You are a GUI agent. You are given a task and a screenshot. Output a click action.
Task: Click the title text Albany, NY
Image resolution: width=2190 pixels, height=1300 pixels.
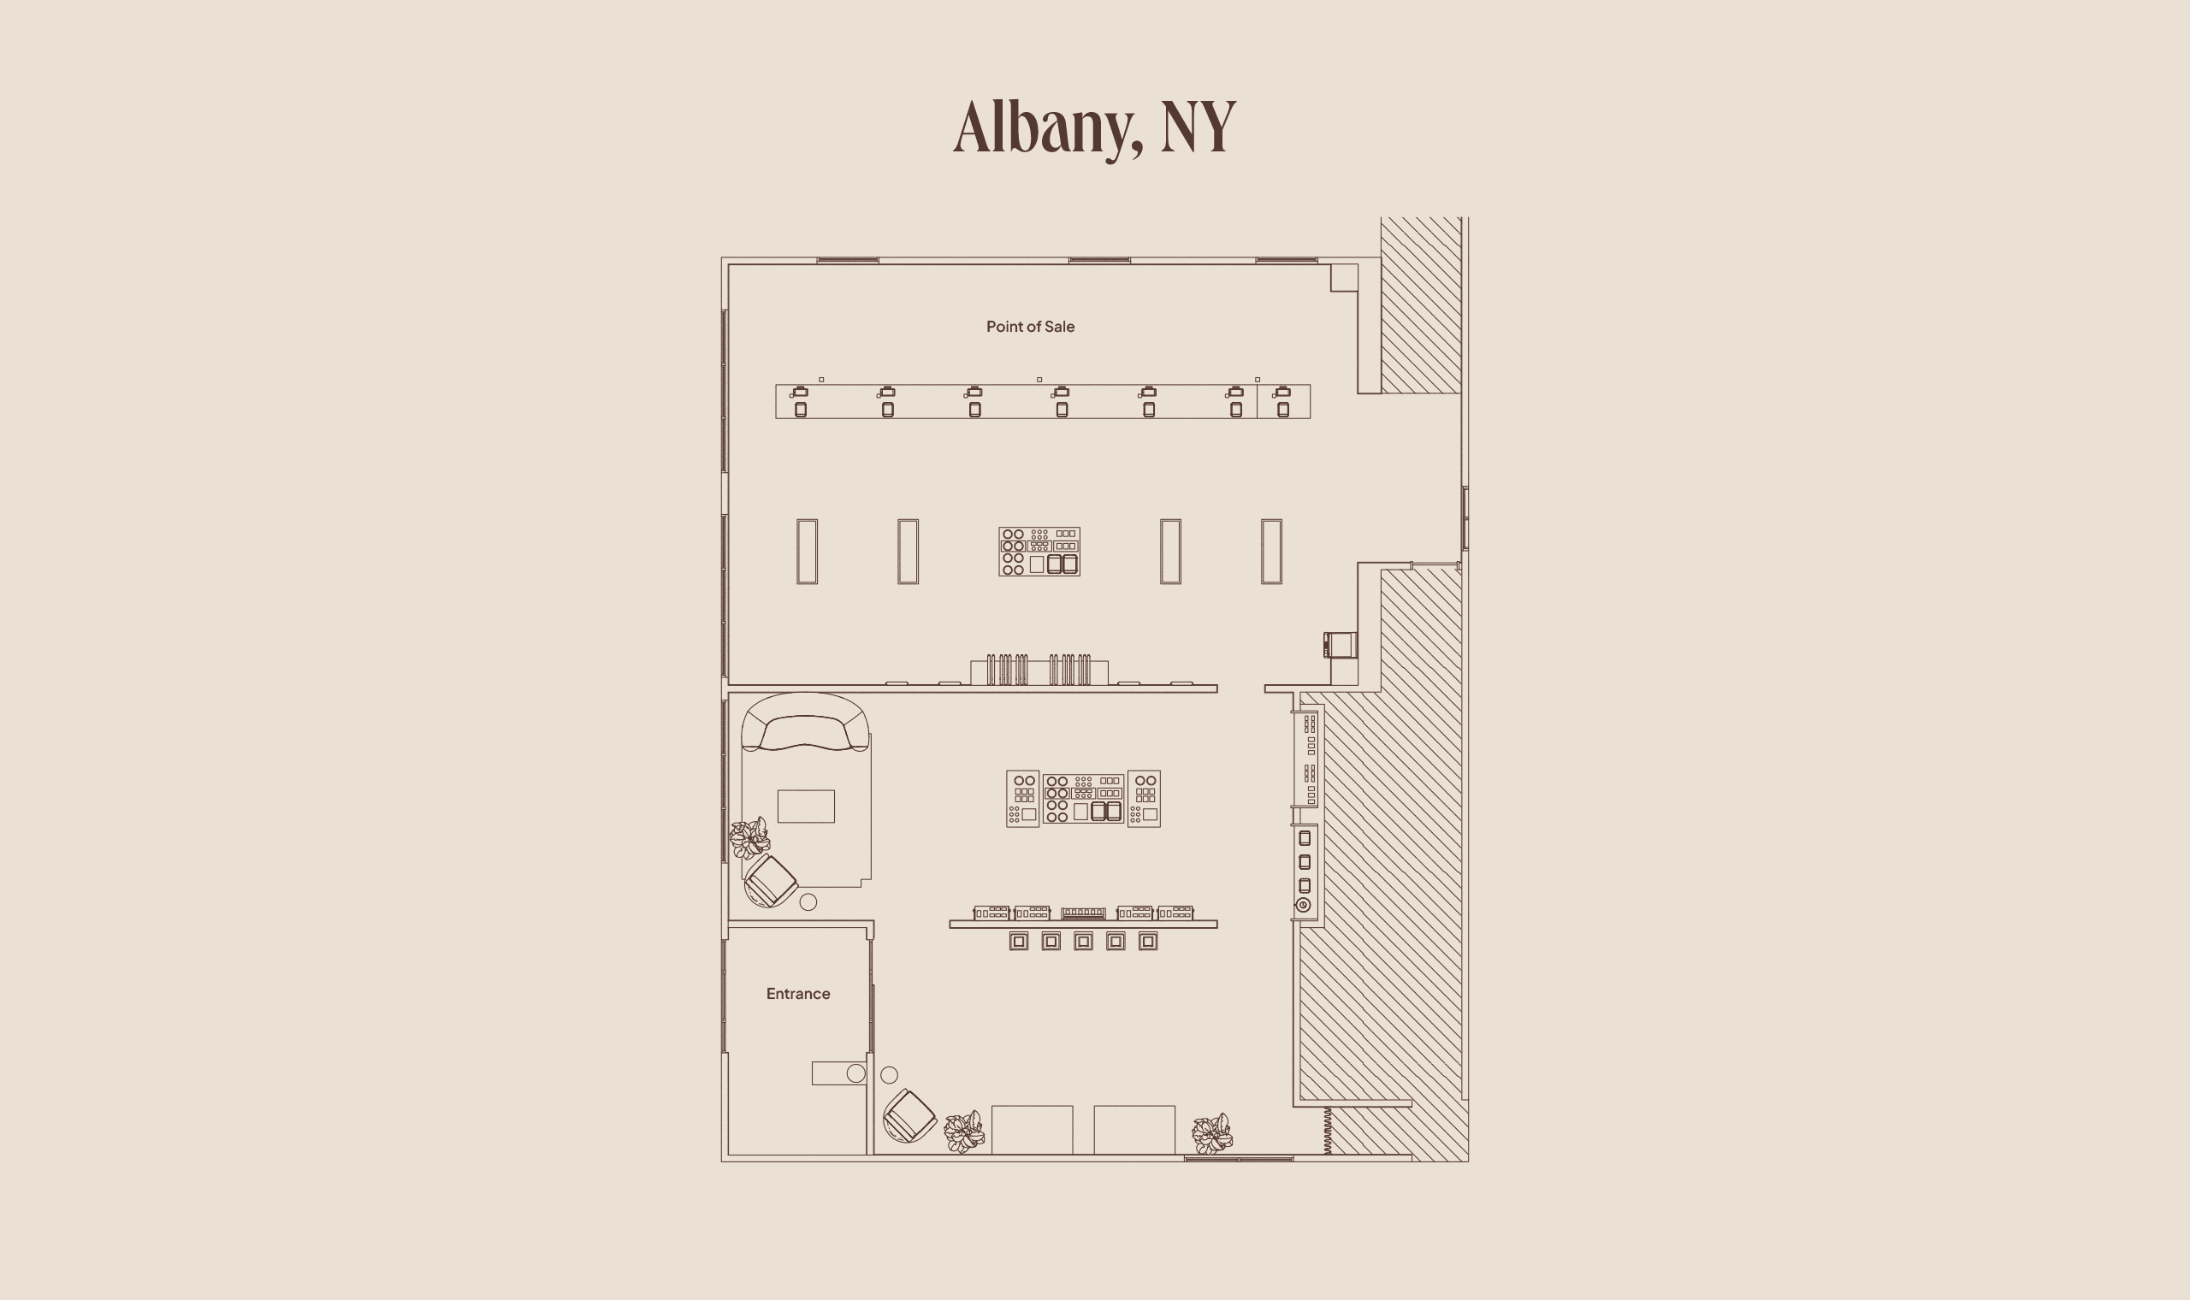pos(1094,128)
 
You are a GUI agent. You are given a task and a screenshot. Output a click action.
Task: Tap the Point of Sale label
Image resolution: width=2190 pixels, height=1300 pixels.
pos(1030,327)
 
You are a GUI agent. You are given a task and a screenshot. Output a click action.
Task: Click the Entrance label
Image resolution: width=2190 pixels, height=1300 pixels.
pos(797,994)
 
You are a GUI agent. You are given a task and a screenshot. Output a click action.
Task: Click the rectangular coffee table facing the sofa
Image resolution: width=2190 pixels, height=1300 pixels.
pos(806,806)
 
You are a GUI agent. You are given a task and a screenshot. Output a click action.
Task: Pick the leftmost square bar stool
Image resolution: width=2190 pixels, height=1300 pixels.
pos(1018,941)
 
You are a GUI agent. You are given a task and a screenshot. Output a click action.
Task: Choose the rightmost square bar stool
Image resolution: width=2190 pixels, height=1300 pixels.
pos(1147,941)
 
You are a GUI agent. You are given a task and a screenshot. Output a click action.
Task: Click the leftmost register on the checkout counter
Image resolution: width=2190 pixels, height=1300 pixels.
pos(800,401)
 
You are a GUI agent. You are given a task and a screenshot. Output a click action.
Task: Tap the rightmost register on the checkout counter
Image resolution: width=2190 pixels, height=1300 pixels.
pos(1282,401)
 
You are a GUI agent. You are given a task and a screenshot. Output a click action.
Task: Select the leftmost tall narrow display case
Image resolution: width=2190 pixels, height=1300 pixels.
pos(807,551)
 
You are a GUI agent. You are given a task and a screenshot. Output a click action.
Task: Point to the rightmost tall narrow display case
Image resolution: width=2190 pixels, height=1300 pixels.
pos(1271,551)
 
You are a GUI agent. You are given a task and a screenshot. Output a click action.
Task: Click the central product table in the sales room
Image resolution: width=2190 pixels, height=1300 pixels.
pos(1039,551)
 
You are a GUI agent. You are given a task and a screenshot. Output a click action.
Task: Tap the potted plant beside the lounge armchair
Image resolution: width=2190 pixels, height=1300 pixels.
pos(750,838)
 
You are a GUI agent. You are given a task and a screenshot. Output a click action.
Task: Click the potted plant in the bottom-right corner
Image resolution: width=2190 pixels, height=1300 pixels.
pos(1212,1134)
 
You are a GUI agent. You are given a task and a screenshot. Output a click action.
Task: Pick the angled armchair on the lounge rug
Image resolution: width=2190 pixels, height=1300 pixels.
pos(771,881)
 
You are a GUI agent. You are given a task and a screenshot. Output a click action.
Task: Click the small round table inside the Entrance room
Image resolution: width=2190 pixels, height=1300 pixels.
pos(855,1073)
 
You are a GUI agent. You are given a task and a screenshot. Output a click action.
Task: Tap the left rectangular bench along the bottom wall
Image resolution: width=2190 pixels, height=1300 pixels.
pos(1032,1130)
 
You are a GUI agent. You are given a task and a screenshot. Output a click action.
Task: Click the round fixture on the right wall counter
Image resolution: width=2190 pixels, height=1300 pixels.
pos(1304,905)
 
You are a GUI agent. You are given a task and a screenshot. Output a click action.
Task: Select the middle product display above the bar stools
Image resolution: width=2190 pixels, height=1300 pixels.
pos(1083,913)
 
